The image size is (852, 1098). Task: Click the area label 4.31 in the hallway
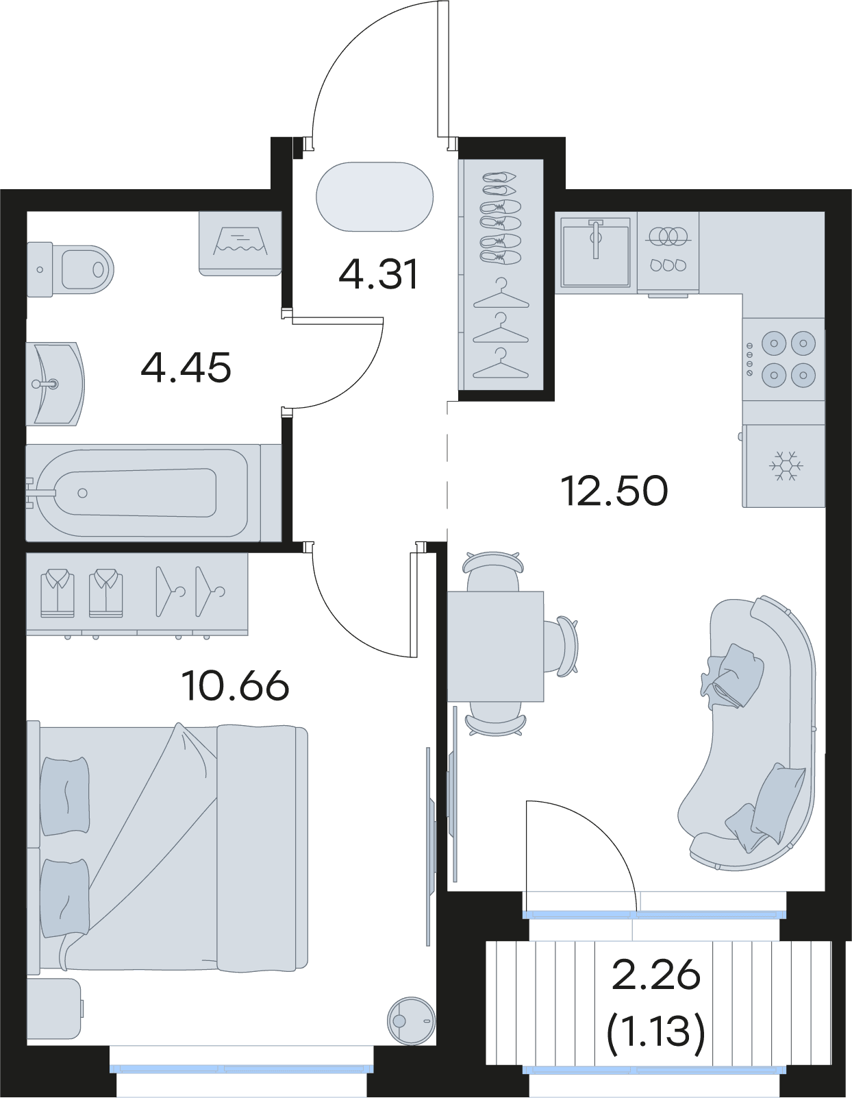[x=378, y=274]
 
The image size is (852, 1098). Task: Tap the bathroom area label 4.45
[x=186, y=367]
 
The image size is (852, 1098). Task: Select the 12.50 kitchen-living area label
[x=614, y=491]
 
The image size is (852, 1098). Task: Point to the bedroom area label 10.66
[x=235, y=685]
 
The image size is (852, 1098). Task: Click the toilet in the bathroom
[x=70, y=269]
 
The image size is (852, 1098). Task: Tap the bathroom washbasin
[x=55, y=384]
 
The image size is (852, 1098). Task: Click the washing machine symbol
[x=240, y=243]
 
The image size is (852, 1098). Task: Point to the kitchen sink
[x=596, y=252]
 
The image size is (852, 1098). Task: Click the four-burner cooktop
[x=783, y=358]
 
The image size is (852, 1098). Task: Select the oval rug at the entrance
[x=375, y=197]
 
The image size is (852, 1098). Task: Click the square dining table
[x=496, y=646]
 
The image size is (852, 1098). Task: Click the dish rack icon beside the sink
[x=668, y=252]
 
